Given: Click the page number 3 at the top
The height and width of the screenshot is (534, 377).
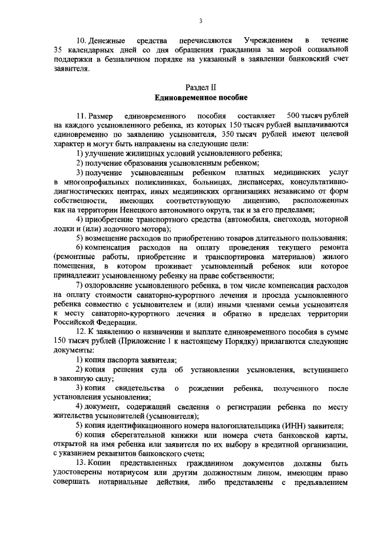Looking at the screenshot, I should tap(200, 22).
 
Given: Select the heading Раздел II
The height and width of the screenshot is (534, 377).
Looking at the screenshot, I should tap(201, 87).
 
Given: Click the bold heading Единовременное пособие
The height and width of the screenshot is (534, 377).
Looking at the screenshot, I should tap(201, 97).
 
